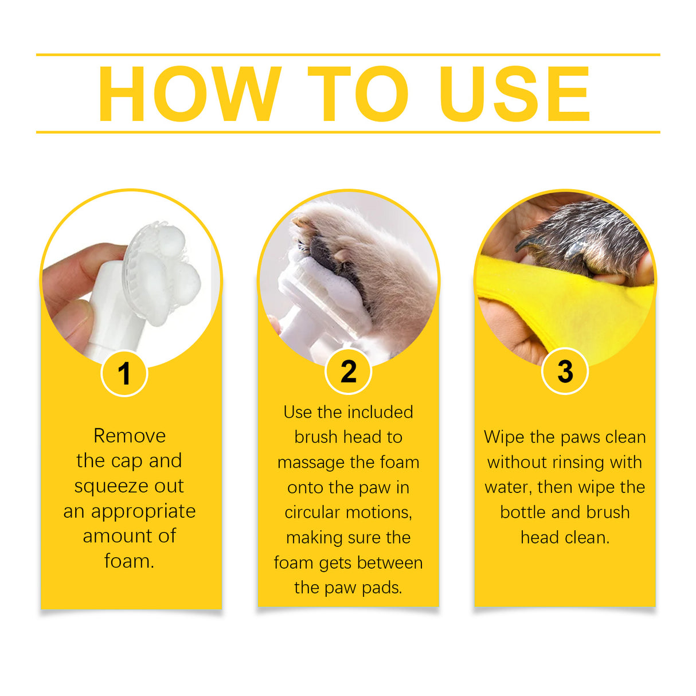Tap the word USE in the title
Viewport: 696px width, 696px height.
point(514,94)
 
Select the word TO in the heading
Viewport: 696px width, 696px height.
point(358,94)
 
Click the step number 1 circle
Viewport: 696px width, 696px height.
point(124,374)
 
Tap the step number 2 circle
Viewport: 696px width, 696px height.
point(348,372)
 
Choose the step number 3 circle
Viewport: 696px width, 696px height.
point(565,372)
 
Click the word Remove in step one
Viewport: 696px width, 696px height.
point(130,436)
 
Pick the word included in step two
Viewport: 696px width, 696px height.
point(380,412)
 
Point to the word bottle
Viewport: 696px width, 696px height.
point(523,512)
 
